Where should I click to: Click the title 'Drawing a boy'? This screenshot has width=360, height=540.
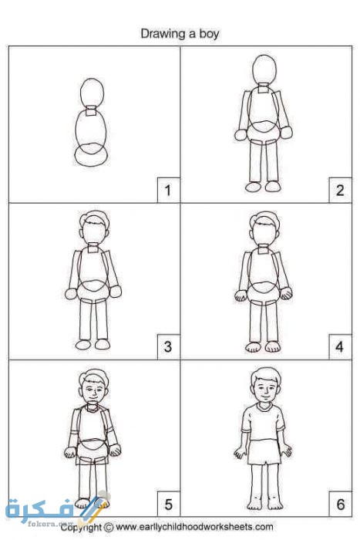point(180,34)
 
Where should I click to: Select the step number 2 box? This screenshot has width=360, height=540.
point(340,190)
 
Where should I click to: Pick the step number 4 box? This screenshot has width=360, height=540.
point(340,347)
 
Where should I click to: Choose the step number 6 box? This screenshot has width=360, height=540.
point(340,505)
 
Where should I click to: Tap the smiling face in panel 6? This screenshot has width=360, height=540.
point(264,388)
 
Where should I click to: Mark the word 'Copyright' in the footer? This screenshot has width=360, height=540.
point(82,528)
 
